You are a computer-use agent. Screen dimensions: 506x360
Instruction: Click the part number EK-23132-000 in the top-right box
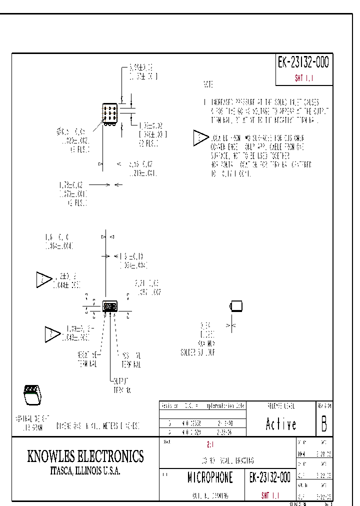[303, 63]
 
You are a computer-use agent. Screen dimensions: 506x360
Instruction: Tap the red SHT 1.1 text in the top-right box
[303, 78]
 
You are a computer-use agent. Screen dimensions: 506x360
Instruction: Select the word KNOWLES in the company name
[50, 456]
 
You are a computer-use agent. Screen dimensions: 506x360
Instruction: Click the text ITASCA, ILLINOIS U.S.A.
[85, 471]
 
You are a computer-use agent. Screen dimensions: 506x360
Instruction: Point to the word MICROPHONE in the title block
[210, 478]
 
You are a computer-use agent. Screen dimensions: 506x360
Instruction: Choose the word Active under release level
[280, 424]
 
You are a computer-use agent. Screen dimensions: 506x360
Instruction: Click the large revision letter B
[324, 424]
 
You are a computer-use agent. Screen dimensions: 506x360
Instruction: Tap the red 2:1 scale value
[210, 444]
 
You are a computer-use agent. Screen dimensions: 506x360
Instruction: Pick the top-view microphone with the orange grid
[110, 113]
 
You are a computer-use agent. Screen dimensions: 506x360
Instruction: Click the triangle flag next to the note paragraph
[200, 138]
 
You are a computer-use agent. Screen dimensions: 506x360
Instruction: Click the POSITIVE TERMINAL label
[130, 359]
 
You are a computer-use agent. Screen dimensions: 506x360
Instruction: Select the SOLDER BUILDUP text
[197, 352]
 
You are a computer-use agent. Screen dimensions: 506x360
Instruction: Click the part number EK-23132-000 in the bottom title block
[269, 478]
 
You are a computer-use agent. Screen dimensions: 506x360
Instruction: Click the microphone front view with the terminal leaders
[109, 306]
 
